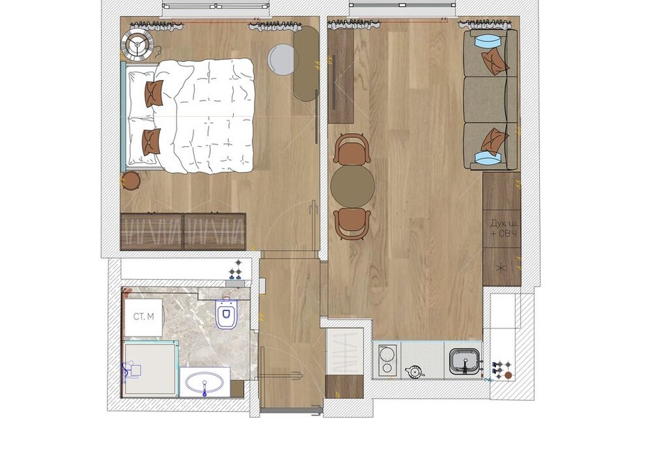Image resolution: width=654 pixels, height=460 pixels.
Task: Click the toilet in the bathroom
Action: coord(226,313)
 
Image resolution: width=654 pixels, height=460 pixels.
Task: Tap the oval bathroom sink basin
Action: coord(204,382)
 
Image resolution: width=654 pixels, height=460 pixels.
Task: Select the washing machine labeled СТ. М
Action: coord(144,317)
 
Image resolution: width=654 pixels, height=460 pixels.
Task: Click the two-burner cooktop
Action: coord(387,360)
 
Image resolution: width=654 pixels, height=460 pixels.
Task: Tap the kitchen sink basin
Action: coord(464,360)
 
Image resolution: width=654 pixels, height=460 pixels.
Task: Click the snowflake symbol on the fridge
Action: coord(500,268)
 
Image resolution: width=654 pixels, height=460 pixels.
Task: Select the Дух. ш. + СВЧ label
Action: coord(504,228)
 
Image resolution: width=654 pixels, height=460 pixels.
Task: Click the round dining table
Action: coord(353,187)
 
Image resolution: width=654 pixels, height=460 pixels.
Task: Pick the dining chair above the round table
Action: coord(353,149)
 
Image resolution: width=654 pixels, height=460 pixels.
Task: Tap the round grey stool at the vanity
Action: coord(282,60)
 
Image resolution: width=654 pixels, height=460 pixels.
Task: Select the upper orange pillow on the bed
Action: coord(153,93)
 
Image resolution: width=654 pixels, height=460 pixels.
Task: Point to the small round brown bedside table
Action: coord(131,181)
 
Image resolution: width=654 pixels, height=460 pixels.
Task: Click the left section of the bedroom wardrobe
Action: coord(152,232)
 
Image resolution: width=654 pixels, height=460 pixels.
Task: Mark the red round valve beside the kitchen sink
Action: coord(508,375)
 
